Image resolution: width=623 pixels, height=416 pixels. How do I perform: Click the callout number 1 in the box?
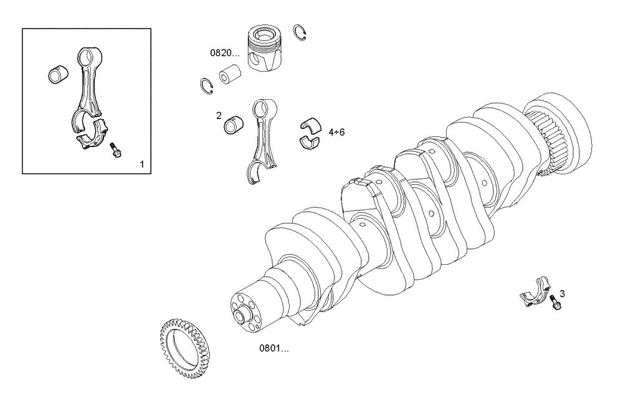click(x=141, y=164)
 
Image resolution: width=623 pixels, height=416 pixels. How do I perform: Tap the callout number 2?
click(x=219, y=115)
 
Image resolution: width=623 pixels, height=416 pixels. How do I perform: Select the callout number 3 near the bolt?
click(x=562, y=293)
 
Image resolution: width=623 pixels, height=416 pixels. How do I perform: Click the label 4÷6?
click(x=336, y=132)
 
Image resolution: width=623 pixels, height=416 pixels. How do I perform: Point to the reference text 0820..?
click(x=224, y=54)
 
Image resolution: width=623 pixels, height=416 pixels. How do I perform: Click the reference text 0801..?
click(x=274, y=348)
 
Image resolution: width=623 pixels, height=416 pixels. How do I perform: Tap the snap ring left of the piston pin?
click(x=207, y=86)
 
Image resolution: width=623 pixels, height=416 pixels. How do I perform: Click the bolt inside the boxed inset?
click(x=115, y=149)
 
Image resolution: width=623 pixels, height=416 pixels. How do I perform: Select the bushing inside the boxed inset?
click(x=59, y=75)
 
